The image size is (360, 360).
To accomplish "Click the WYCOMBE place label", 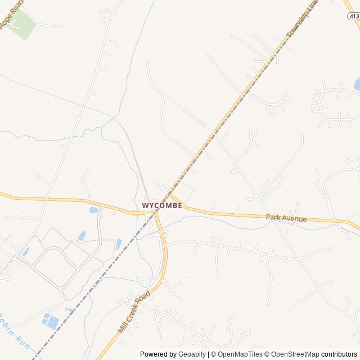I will pos(162,206).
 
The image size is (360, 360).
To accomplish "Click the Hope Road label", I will pos(12,13).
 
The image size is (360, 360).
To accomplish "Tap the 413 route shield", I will pos(353,17).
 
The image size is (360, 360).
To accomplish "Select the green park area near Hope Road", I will pos(21,24).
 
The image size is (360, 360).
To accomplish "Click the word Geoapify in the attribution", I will pos(192,354).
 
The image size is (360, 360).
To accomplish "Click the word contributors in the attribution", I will pos(339,354).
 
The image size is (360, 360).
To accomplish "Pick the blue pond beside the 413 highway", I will pos(357,84).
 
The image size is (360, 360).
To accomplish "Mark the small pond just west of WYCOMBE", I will pos(94,210).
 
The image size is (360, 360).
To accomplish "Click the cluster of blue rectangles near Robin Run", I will pos(51,321).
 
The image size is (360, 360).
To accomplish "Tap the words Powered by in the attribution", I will pos(158,354).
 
